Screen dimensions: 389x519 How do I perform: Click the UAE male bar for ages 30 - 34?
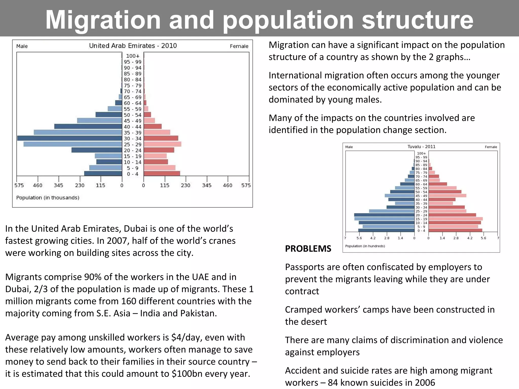pos(70,138)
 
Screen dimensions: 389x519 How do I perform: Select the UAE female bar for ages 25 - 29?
pos(162,144)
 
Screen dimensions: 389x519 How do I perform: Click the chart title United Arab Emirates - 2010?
pos(133,46)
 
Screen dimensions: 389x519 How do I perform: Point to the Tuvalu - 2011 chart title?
pos(421,147)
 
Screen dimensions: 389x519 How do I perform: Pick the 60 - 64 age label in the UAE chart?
pos(133,103)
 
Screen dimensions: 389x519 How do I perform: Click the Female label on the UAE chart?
pos(239,46)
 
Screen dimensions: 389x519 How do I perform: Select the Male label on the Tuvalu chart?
pos(349,147)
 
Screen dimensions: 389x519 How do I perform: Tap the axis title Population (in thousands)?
pos(48,198)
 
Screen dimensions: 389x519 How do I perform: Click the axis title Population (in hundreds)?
pos(365,246)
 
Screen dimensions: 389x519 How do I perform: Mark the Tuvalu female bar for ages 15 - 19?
pos(455,219)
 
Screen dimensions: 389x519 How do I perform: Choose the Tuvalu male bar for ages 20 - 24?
pos(384,215)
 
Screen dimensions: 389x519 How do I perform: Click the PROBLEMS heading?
pos(308,249)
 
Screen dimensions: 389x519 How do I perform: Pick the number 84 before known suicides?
pos(333,383)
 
